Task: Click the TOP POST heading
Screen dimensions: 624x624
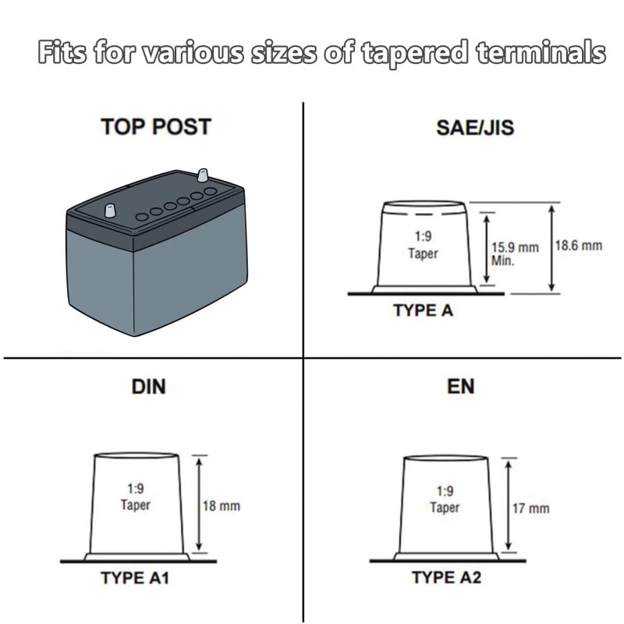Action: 156,126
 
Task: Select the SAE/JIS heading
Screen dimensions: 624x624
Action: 475,127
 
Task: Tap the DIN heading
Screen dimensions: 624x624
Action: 149,386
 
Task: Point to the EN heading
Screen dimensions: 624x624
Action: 460,386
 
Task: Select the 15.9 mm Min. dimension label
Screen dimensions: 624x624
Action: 515,253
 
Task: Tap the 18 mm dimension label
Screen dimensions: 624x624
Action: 221,506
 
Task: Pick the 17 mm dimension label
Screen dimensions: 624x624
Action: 530,509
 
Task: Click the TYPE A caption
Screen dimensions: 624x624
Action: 423,310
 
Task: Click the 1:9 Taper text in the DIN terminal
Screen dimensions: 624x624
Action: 136,497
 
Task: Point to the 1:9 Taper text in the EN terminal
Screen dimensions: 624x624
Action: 445,499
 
